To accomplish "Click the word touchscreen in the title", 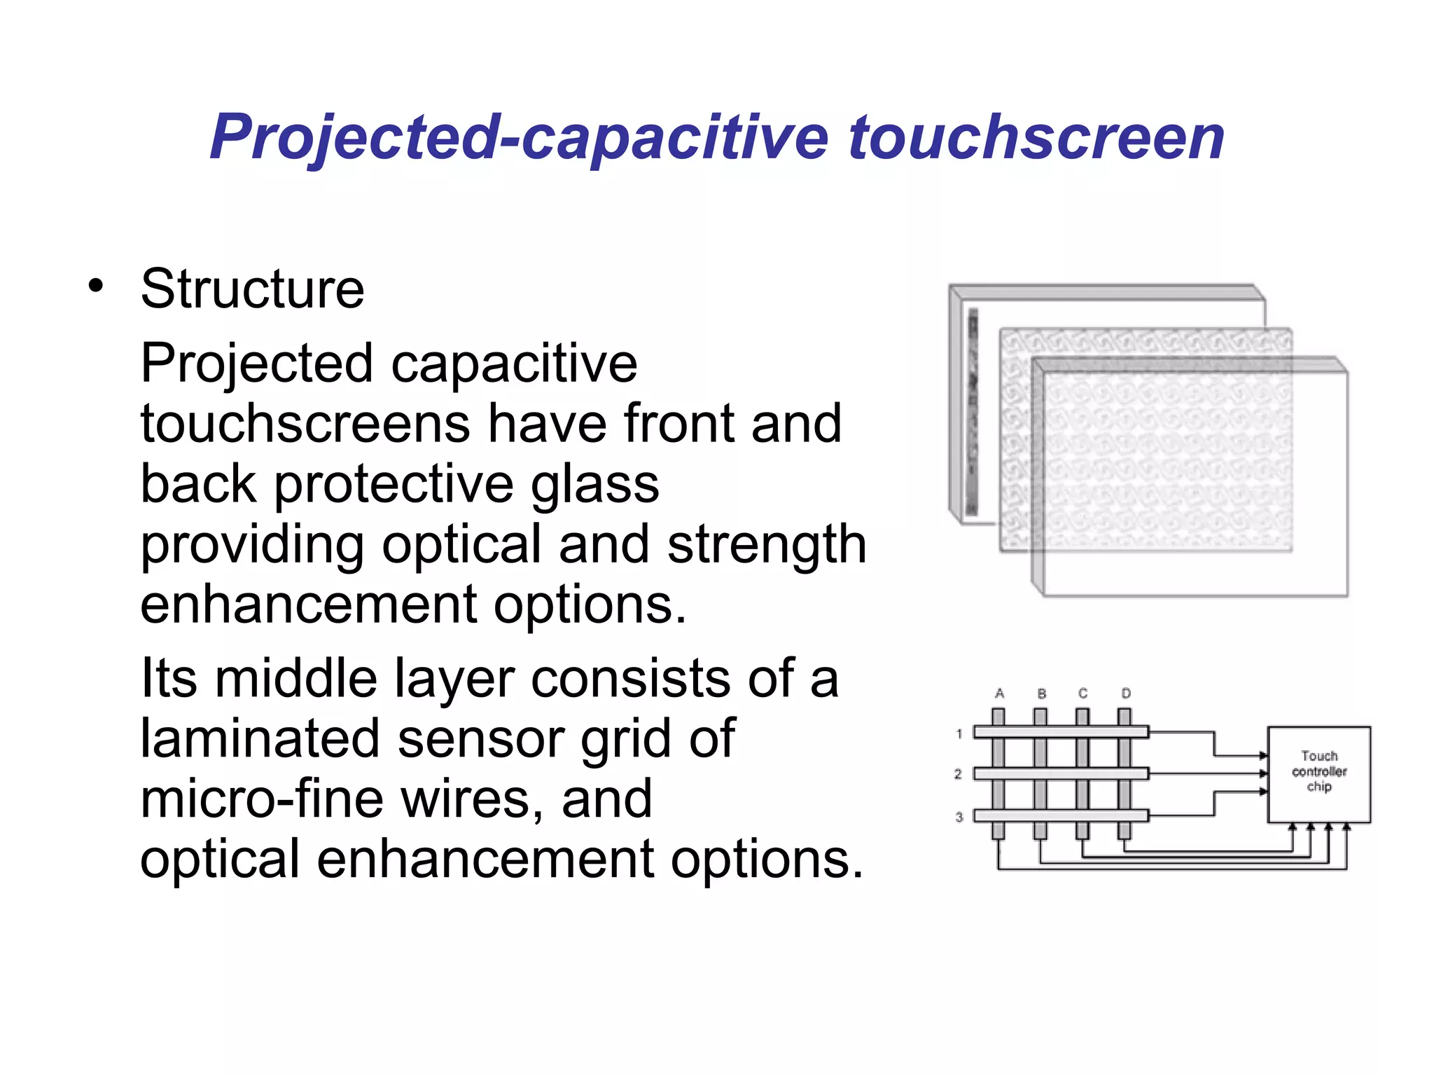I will click(x=1036, y=137).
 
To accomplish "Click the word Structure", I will click(x=252, y=289).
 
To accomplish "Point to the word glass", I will click(x=594, y=485).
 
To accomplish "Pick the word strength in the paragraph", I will click(x=767, y=545).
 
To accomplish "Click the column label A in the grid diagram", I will click(x=999, y=694).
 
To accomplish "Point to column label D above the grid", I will click(x=1126, y=694).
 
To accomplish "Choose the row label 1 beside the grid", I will click(x=959, y=733).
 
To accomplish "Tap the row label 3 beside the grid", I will click(x=959, y=817).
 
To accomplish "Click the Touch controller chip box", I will click(x=1319, y=774).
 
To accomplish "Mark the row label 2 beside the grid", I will click(x=958, y=774).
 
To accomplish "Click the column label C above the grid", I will click(x=1083, y=694).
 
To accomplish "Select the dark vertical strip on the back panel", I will click(x=972, y=413).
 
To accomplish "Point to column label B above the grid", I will click(x=1042, y=694).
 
